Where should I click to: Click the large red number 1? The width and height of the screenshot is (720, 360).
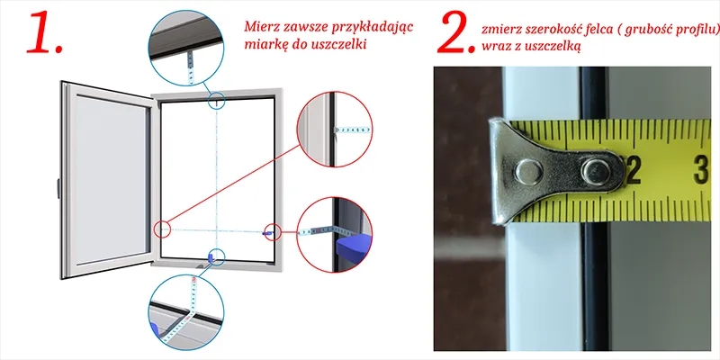(43, 32)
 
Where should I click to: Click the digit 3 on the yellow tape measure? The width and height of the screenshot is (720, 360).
(702, 170)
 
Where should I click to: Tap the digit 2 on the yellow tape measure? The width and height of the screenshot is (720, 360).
(634, 170)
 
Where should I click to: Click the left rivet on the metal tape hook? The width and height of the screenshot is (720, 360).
(528, 171)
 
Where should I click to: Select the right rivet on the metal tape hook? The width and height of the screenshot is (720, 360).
(596, 171)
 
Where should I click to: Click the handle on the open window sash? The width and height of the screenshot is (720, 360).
(58, 188)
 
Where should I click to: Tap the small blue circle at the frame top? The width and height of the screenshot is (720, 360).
(217, 101)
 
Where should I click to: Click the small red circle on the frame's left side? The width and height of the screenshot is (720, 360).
(162, 229)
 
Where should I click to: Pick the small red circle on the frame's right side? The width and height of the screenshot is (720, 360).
(273, 232)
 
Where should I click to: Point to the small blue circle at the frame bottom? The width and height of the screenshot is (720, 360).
(216, 257)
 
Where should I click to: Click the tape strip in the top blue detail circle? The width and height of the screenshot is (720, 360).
(191, 67)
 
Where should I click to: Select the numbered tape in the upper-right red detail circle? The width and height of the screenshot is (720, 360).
(353, 130)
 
